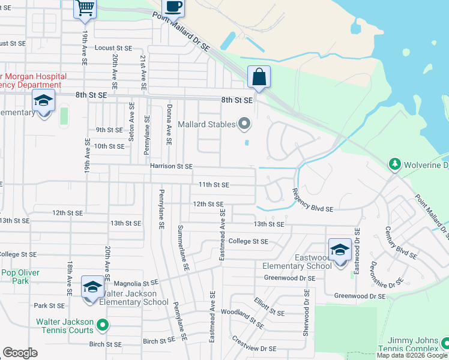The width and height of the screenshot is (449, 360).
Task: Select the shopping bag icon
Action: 259,77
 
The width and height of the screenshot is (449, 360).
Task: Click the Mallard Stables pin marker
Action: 244,124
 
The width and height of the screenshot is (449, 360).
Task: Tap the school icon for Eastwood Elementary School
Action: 340,250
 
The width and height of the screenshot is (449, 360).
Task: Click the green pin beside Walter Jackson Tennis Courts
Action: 103,326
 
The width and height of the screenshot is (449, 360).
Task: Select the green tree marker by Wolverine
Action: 394,164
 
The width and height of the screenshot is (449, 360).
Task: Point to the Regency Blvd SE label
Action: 312,200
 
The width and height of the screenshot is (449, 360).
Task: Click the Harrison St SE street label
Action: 171,166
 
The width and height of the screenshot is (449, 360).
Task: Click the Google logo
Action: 20,353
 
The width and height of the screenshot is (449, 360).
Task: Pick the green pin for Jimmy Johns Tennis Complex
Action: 445,343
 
